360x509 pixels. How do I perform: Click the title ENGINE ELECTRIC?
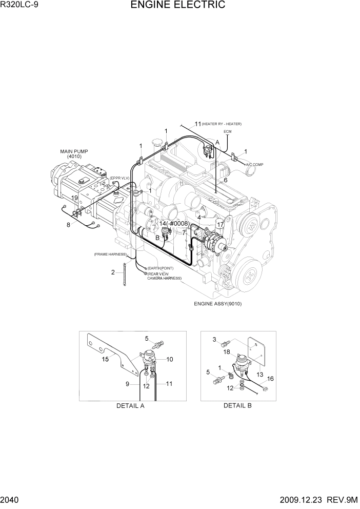point(177,6)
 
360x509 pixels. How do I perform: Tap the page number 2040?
point(11,501)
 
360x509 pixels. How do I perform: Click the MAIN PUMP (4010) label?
point(74,153)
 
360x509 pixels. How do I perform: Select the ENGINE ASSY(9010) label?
point(217,304)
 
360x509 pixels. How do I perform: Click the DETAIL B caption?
point(237,406)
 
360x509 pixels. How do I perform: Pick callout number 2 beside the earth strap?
point(113,272)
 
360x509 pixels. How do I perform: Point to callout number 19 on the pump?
point(74,198)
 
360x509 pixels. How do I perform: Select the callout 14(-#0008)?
point(174,224)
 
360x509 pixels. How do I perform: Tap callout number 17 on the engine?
point(220,224)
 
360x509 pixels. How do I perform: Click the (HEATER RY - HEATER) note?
point(222,124)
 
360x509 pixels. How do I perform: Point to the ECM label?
point(227,132)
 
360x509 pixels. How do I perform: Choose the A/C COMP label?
point(254,164)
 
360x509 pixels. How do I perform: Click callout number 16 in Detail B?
point(270,379)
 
